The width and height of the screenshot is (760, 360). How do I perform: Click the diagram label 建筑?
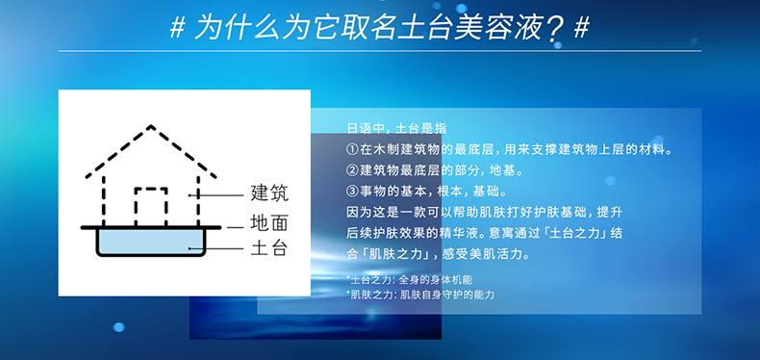coord(268,193)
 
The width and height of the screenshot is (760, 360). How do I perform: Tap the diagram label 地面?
coord(268,224)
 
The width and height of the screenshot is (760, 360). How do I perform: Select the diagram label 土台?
coord(268,248)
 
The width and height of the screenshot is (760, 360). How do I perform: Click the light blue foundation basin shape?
coord(151,242)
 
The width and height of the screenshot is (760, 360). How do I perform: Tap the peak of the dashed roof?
coord(151,126)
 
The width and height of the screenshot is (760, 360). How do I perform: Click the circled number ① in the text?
coord(352,150)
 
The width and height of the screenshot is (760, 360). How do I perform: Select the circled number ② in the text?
coord(352,170)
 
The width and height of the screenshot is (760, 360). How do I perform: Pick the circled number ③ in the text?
coord(352,191)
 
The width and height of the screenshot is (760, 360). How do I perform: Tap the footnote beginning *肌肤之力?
coord(419,294)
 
